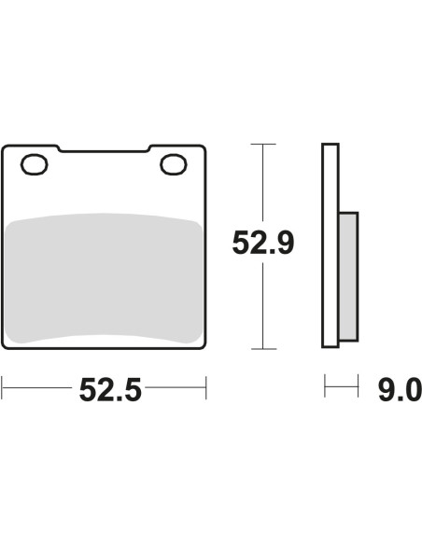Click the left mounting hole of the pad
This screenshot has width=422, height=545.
coord(34,164)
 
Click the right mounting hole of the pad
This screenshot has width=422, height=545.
coord(174,164)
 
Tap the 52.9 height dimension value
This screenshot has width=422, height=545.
coord(263,243)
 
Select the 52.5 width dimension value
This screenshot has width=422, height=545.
coord(110,390)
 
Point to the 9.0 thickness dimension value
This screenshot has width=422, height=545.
coord(400,390)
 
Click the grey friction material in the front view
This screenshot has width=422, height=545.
coord(104,278)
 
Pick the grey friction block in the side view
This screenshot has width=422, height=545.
coord(348,276)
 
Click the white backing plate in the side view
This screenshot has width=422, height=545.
coord(331,245)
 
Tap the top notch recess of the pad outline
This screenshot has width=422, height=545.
coord(104,149)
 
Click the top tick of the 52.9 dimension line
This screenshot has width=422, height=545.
coord(263,144)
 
